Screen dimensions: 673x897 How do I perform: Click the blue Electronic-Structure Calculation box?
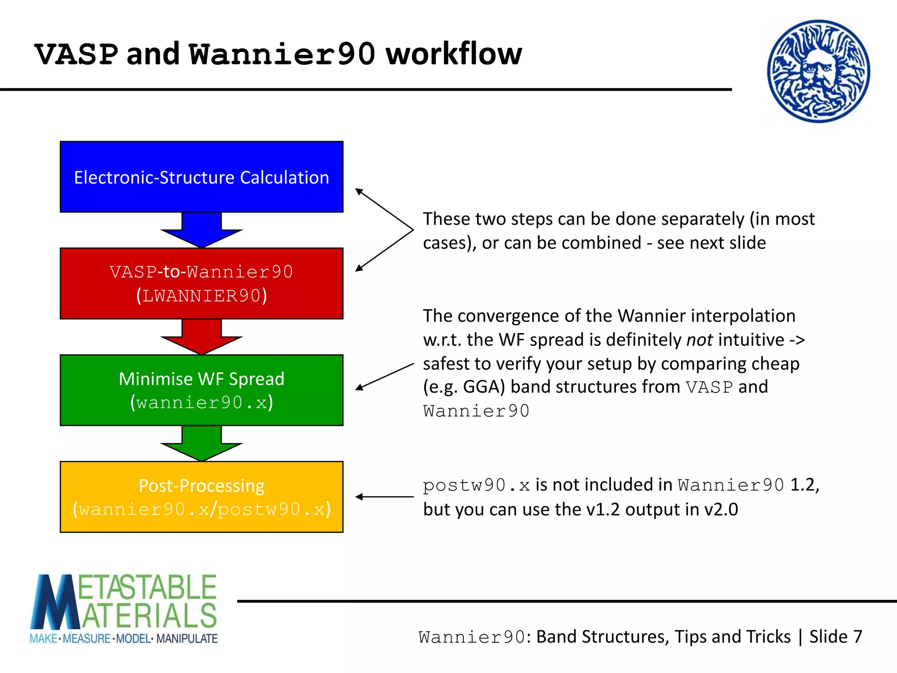click(x=201, y=177)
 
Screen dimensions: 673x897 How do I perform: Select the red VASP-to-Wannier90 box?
click(x=201, y=283)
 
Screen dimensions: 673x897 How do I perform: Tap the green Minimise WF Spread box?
click(x=201, y=390)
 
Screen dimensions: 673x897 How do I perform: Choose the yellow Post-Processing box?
click(x=201, y=496)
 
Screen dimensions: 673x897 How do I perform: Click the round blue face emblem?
click(x=818, y=71)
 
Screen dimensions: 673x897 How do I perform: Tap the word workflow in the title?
click(x=454, y=54)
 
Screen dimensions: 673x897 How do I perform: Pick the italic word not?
click(x=699, y=340)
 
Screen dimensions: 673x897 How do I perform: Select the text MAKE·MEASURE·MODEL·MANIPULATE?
click(x=124, y=638)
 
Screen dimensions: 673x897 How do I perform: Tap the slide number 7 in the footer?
click(x=858, y=637)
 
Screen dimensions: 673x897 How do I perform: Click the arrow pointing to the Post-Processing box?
click(x=384, y=496)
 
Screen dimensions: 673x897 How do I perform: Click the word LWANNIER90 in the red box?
click(x=201, y=296)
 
